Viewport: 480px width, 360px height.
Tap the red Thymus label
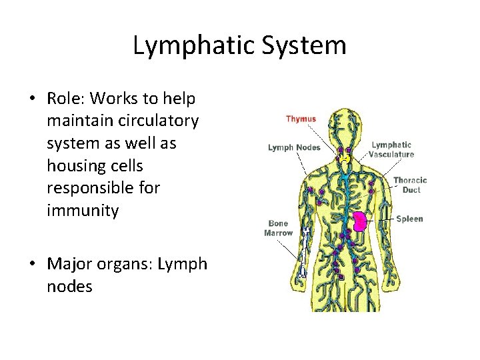(x=301, y=119)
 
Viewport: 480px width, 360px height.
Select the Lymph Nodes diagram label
(x=294, y=147)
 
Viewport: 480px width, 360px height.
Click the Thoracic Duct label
(x=410, y=185)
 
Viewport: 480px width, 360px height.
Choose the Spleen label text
(x=409, y=219)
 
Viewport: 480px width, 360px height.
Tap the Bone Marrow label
(x=278, y=228)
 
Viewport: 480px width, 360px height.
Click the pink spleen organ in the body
(x=361, y=221)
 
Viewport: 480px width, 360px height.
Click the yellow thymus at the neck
(x=344, y=159)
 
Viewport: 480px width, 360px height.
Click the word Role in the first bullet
(x=65, y=99)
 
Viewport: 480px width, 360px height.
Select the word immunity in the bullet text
(x=83, y=211)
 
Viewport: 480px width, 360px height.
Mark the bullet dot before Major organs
(x=33, y=265)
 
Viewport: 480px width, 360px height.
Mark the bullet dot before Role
(x=33, y=99)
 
